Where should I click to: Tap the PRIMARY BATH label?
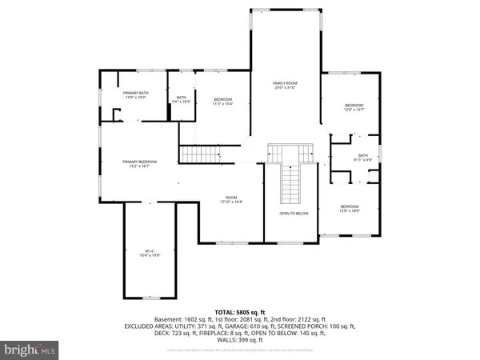pyautogui.click(x=134, y=94)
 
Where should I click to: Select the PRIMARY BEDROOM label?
pyautogui.click(x=139, y=162)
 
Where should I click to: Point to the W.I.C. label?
pyautogui.click(x=150, y=250)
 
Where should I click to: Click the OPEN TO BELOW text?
pyautogui.click(x=294, y=214)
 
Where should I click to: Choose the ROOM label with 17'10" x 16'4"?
pyautogui.click(x=232, y=198)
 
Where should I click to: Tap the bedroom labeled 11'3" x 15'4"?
pyautogui.click(x=222, y=98)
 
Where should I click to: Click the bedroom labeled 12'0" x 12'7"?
pyautogui.click(x=354, y=106)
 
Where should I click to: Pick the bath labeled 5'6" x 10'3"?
pyautogui.click(x=181, y=98)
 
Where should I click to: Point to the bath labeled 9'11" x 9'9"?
pyautogui.click(x=362, y=156)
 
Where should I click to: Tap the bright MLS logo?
pyautogui.click(x=31, y=350)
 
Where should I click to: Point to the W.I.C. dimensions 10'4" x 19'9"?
pyautogui.click(x=150, y=255)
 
